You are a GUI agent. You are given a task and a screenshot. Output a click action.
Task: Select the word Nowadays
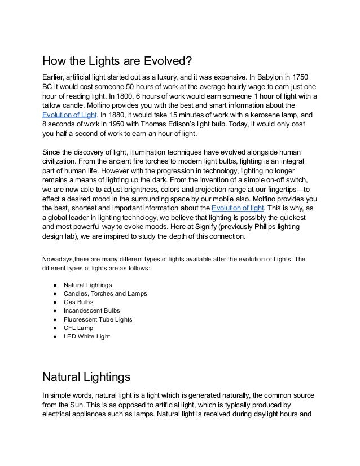point(59,260)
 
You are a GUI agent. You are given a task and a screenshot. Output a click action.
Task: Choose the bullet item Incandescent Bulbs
point(91,310)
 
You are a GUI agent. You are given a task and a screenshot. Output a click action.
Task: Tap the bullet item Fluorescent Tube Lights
point(98,319)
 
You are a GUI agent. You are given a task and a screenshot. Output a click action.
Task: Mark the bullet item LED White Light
point(87,337)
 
